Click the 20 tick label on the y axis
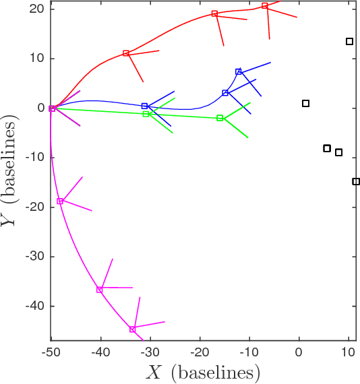click(x=36, y=9)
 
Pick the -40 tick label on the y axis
click(x=34, y=306)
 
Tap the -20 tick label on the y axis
click(x=34, y=207)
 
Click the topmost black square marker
click(x=349, y=42)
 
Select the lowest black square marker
click(x=356, y=181)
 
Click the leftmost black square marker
click(x=305, y=103)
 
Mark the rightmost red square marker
click(x=265, y=6)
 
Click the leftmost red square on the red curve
click(x=126, y=53)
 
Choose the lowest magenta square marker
click(x=132, y=329)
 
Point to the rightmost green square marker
click(x=220, y=118)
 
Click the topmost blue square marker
click(x=239, y=71)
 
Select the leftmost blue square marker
click(x=144, y=106)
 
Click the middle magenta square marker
click(x=99, y=290)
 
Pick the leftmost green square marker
click(x=146, y=114)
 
